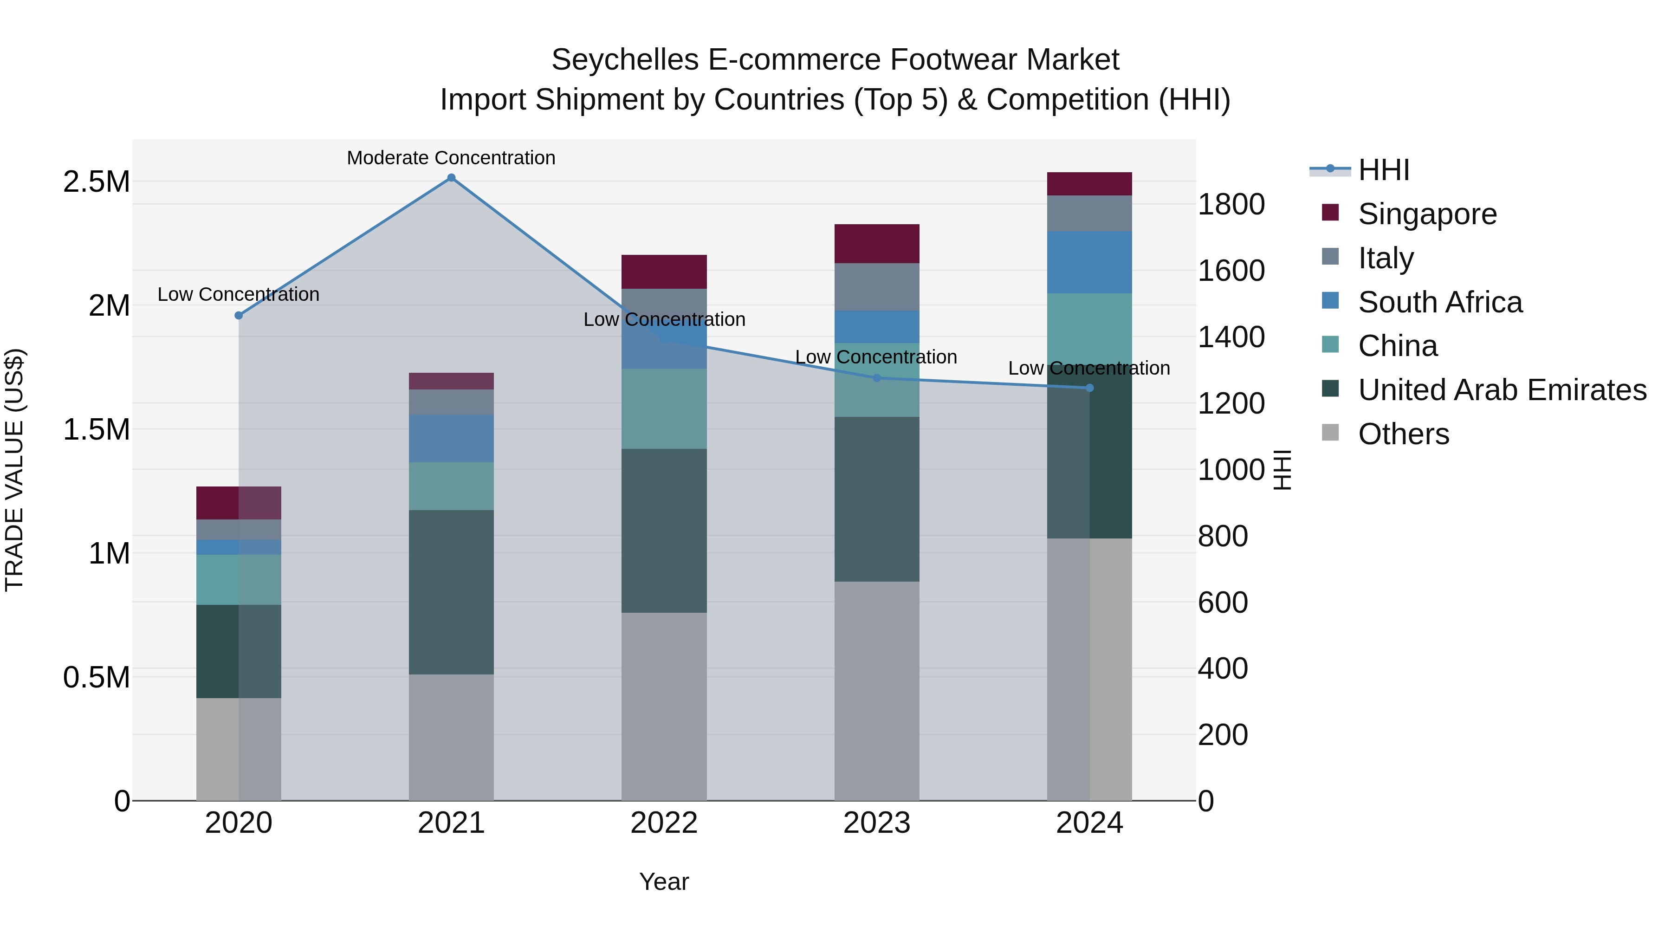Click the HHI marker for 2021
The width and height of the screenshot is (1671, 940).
coord(452,178)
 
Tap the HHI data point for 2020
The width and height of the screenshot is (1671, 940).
coord(239,315)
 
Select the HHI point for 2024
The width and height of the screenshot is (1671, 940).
coord(1090,388)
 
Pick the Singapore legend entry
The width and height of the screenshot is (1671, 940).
coord(1427,214)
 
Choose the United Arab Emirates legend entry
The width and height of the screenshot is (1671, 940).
coord(1502,390)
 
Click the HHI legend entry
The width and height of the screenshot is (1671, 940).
coord(1383,170)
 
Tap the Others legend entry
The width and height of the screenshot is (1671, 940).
coord(1403,434)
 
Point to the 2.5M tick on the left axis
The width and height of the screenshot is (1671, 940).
coord(96,182)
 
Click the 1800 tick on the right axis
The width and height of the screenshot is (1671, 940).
coord(1231,204)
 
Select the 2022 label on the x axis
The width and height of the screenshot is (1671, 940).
coord(664,823)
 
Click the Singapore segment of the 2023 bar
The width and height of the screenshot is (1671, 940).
coord(876,243)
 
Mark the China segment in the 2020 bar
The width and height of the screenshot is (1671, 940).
coord(239,579)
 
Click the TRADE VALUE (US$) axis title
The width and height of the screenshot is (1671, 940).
coord(14,470)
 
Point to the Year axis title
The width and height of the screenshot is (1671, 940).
coord(664,882)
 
